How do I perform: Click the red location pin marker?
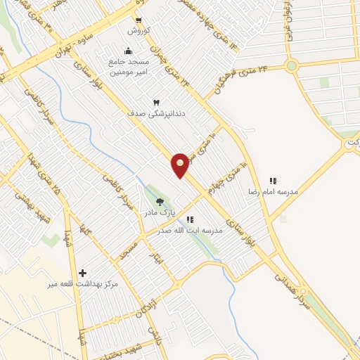(181, 165)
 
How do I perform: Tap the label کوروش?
(136, 30)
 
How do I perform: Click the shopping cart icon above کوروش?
(137, 20)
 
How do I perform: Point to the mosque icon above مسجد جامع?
(128, 51)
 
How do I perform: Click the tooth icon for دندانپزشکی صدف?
(146, 103)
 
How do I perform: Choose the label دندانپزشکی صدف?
(146, 113)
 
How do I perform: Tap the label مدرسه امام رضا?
(271, 191)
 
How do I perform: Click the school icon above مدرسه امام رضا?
(273, 181)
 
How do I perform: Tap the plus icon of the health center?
(83, 273)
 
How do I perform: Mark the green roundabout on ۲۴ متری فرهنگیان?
(291, 66)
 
